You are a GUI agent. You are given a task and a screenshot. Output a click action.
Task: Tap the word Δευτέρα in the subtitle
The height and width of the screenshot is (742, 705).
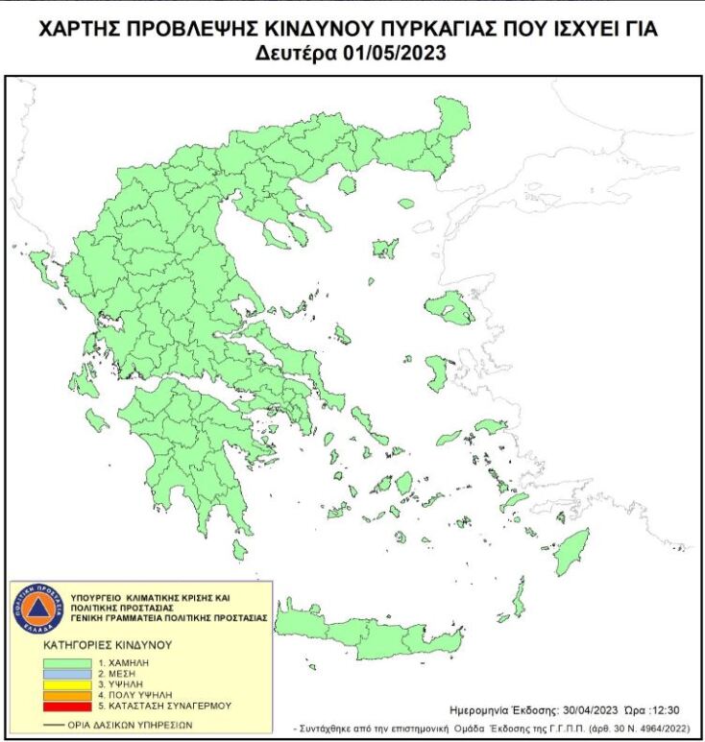point(298,54)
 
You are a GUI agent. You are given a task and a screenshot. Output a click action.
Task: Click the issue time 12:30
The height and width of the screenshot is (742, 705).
point(673,709)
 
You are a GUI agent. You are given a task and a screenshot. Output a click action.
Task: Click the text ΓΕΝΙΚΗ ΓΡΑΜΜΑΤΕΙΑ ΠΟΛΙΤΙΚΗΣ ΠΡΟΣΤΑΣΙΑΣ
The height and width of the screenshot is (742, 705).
point(163,618)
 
